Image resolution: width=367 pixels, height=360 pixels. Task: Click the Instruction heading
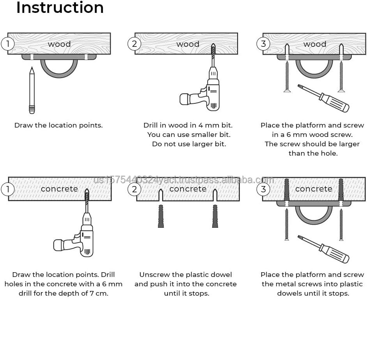pos(60,7)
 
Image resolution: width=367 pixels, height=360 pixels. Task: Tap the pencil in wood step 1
pos(32,90)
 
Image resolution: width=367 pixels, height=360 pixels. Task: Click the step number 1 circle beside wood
pos(7,43)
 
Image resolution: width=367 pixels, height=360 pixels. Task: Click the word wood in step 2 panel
pos(188,44)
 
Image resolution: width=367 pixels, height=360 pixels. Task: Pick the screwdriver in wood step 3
pos(323,98)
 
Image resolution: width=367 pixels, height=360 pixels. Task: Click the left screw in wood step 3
pos(287,74)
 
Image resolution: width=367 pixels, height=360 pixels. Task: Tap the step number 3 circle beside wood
pos(263,43)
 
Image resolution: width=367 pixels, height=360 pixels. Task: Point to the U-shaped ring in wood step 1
pos(59,68)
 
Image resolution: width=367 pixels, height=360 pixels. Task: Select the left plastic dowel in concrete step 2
pos(161,216)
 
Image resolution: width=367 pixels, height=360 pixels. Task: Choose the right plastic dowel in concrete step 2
pos(215,216)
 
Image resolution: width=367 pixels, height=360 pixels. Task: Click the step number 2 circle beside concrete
pos(134,189)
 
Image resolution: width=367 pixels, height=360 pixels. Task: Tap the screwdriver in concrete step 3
pos(323,249)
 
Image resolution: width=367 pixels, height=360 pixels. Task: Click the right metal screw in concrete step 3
pos(341,224)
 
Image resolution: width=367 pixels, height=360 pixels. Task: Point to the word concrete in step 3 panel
pos(314,189)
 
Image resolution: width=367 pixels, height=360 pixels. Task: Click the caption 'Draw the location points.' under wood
pos(58,125)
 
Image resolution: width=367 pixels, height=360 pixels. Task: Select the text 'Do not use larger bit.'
pos(189,144)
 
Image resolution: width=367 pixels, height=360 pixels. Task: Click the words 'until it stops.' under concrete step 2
pos(187,293)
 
